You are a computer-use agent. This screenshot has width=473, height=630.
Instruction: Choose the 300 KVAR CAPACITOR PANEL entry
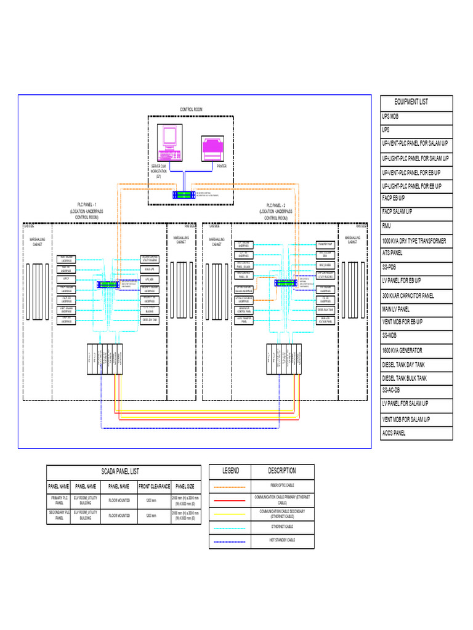coord(408,296)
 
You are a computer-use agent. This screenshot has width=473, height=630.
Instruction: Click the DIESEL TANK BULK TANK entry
coord(404,378)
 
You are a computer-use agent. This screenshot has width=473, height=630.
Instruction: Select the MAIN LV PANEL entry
coord(395,309)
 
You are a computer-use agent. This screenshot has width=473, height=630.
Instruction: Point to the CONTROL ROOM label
coord(191,110)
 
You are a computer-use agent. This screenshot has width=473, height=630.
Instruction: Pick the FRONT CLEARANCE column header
coord(154,486)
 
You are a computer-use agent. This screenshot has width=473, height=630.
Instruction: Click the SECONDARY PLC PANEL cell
coord(60,516)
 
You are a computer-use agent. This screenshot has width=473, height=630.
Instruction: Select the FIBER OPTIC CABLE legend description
coord(282,485)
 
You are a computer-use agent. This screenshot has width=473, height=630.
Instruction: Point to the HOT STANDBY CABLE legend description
coord(282,540)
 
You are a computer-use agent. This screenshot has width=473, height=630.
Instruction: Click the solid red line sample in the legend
coord(230,500)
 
